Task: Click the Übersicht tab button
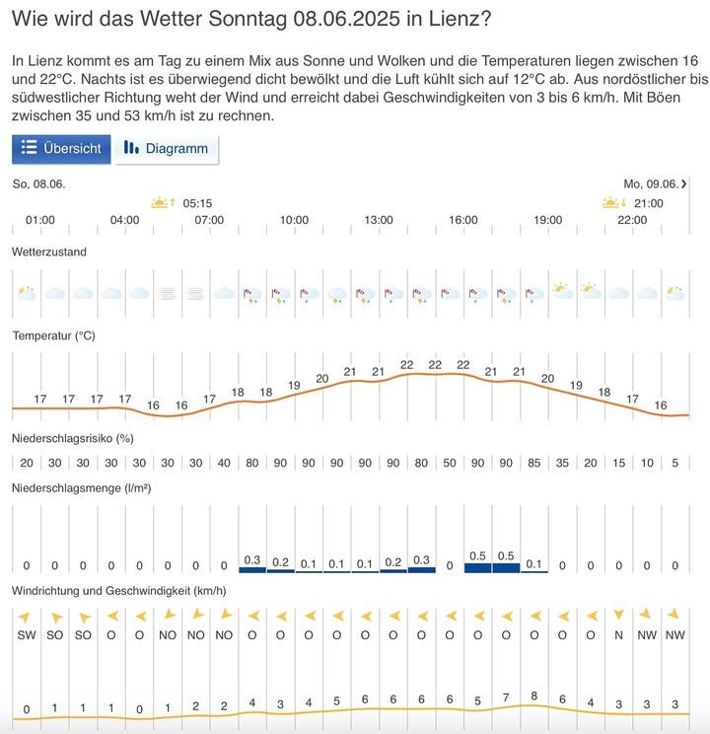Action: [61, 149]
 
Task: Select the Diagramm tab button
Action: [167, 149]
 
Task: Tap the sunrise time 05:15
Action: [197, 203]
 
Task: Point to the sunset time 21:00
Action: [648, 203]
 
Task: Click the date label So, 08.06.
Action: [39, 183]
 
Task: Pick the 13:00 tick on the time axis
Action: [379, 220]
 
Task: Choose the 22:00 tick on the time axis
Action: [632, 220]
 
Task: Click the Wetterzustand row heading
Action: [49, 253]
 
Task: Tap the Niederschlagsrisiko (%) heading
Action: [72, 437]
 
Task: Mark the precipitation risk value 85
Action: [533, 463]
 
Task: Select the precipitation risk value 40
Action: [224, 463]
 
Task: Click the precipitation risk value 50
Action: [450, 463]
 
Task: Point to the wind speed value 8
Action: [533, 696]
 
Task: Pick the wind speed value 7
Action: [506, 698]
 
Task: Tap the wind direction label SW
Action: [27, 635]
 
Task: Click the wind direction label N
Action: [618, 635]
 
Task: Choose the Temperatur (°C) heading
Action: [53, 335]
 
